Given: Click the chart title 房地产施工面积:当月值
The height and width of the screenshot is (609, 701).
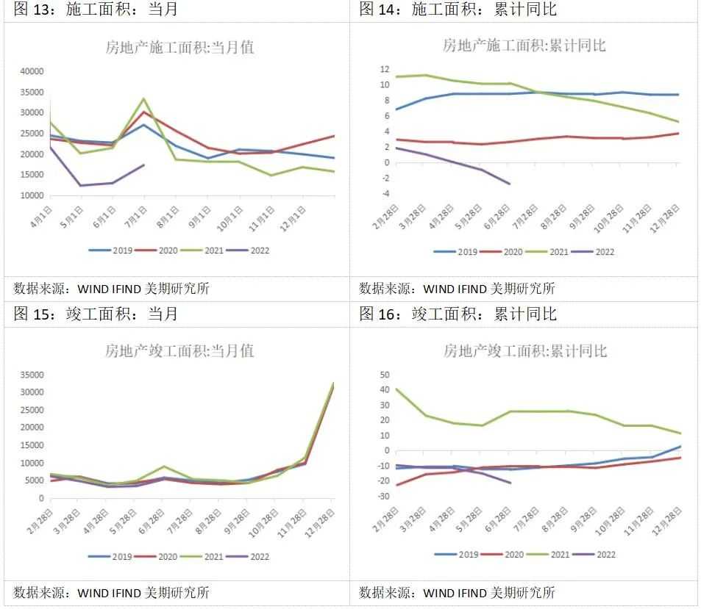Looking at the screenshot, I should (x=180, y=48).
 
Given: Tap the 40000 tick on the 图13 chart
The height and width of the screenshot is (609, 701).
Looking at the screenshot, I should (x=32, y=71).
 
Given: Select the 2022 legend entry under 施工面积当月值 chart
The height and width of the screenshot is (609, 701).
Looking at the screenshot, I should (x=249, y=251).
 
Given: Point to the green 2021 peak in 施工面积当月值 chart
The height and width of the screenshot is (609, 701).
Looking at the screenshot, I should (x=143, y=98).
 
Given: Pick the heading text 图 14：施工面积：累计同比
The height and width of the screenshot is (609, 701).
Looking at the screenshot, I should (x=458, y=10).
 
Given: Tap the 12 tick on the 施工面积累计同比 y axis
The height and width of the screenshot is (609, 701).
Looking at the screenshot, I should (x=384, y=69).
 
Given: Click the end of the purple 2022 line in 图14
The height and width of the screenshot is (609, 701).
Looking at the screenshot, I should (x=509, y=184).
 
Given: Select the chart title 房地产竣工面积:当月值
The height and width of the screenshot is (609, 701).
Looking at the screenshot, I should (x=179, y=351).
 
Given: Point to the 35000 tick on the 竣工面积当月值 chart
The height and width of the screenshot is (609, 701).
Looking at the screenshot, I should (x=32, y=375).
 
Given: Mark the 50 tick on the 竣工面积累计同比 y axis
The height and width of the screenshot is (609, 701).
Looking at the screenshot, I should (x=383, y=375).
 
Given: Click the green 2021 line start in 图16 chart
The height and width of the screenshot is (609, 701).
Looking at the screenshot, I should (x=397, y=389).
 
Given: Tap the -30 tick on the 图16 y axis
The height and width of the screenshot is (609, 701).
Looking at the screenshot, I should (x=382, y=497).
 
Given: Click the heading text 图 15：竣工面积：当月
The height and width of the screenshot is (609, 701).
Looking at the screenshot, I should (x=96, y=314).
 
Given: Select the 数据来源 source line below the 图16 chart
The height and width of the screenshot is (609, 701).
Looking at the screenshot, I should (x=457, y=593).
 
